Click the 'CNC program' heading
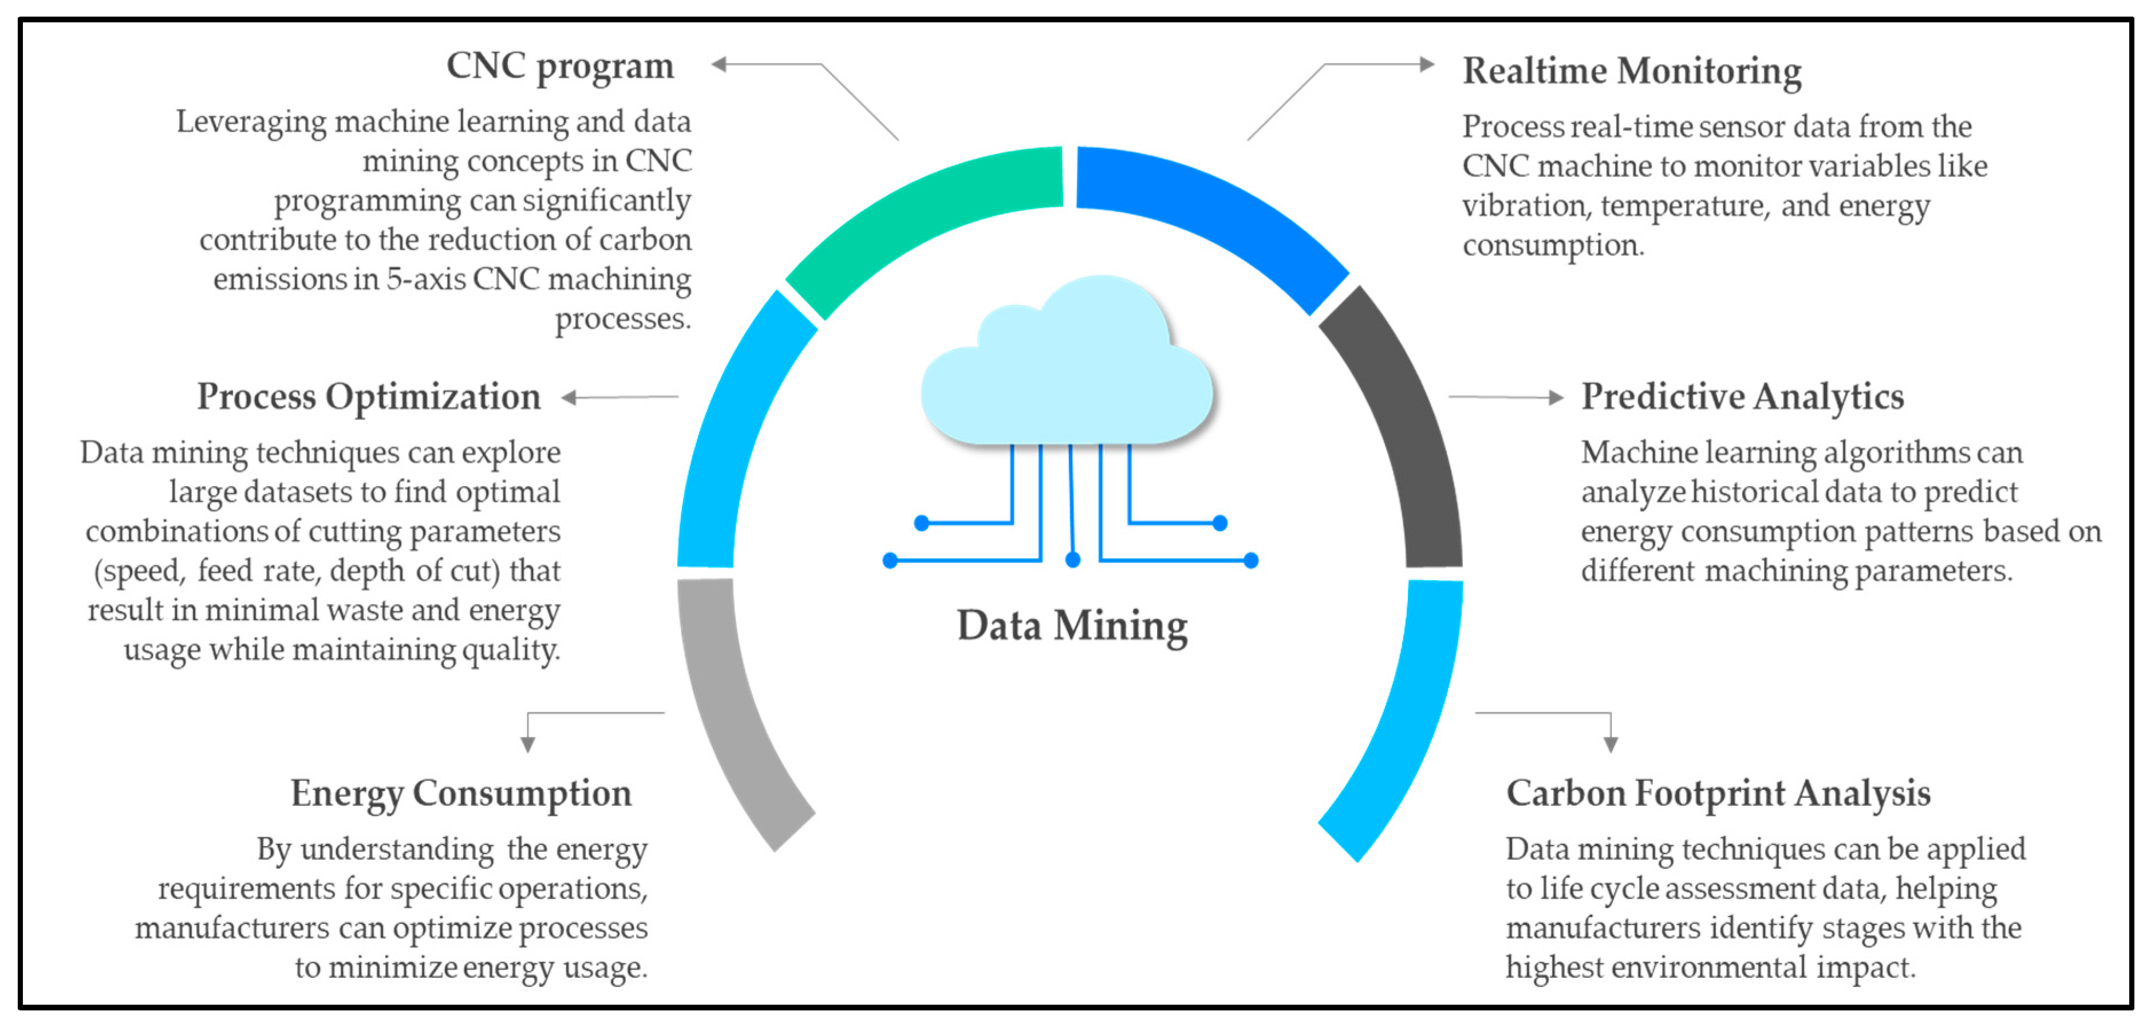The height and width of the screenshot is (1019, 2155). point(560,66)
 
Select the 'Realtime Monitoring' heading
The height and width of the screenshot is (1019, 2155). point(1631,71)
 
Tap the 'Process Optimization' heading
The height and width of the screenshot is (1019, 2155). point(369,396)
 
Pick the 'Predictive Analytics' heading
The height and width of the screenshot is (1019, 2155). point(1742,396)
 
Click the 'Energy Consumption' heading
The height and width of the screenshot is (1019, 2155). point(461,793)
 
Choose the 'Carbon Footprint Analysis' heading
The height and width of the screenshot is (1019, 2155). point(1718,793)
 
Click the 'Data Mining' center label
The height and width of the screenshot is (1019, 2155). point(1072,626)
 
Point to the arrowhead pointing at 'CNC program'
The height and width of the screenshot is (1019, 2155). point(719,64)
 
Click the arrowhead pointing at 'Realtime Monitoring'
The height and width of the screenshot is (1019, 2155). point(1427,64)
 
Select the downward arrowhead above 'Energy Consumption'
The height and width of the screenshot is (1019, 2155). point(528,745)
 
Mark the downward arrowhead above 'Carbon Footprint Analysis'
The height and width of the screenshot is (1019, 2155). point(1611,745)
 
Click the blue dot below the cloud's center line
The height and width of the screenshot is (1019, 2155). point(1072,560)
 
